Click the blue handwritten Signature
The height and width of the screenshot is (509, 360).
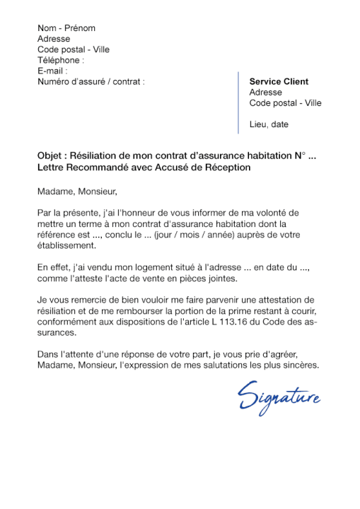(279, 396)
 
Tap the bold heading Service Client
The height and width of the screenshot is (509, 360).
(279, 82)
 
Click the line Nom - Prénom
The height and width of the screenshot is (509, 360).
(66, 28)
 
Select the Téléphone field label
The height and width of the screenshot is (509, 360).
(60, 61)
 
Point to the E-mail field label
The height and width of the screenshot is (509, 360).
(52, 71)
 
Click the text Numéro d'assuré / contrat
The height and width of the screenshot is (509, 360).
(91, 82)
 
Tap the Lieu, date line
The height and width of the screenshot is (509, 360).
(269, 124)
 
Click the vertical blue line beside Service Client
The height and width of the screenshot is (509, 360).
(238, 103)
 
